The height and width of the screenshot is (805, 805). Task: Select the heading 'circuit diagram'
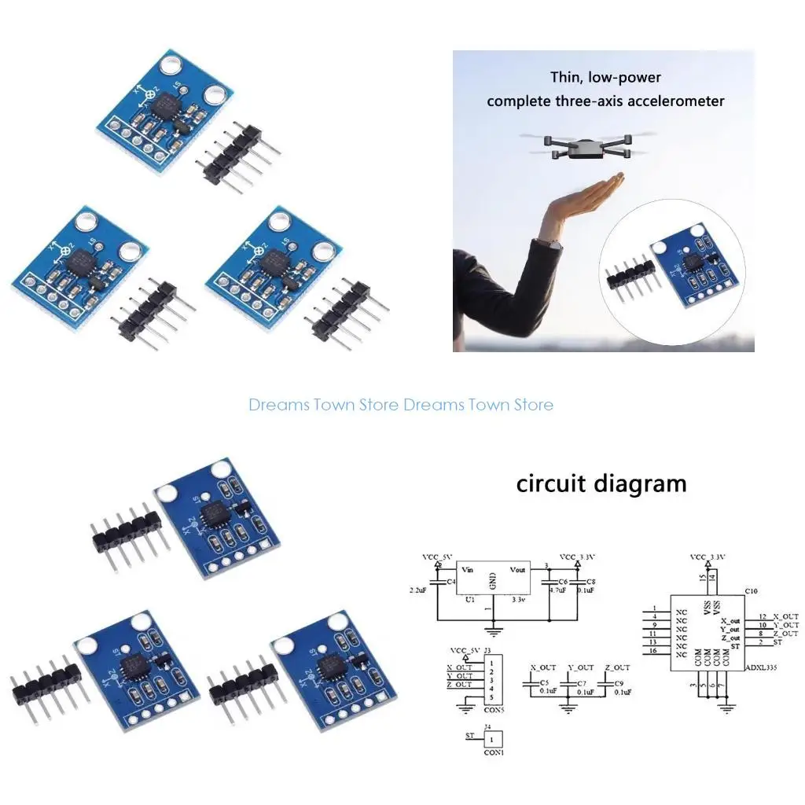point(601,483)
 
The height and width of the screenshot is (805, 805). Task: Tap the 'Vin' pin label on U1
point(468,569)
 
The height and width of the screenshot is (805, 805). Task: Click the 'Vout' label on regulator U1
point(517,569)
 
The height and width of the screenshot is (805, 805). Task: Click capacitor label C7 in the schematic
point(582,683)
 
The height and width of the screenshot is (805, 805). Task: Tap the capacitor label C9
point(619,683)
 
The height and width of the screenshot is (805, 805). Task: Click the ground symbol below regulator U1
point(494,629)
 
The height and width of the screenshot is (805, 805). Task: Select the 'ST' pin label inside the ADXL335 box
point(734,645)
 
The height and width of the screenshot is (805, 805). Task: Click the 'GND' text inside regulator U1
point(493,581)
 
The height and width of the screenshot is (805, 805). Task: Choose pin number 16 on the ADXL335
point(653,651)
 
